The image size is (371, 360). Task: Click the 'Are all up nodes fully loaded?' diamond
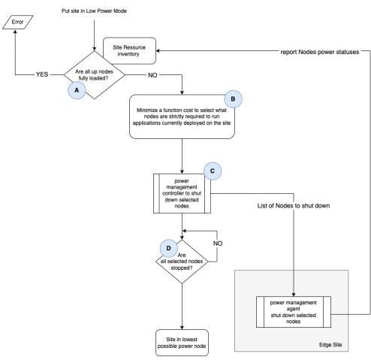tap(94, 74)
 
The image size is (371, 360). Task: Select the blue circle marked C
tap(213, 171)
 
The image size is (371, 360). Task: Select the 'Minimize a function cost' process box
tap(182, 116)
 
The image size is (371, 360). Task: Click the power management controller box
tap(182, 192)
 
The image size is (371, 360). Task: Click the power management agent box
tap(293, 308)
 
